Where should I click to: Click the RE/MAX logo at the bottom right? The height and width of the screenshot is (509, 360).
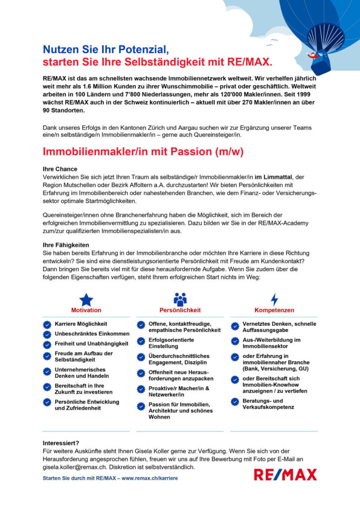[285, 475]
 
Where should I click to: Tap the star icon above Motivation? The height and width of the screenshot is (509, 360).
[87, 299]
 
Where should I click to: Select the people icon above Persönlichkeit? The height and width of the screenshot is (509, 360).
[180, 299]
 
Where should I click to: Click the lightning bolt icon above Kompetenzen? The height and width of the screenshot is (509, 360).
[274, 299]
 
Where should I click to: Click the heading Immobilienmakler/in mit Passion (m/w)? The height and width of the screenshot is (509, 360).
[143, 151]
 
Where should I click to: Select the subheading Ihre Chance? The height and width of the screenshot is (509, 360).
[60, 169]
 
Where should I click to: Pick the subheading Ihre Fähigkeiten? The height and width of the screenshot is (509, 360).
[66, 245]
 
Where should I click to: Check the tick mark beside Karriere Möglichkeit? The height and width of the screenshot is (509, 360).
[47, 324]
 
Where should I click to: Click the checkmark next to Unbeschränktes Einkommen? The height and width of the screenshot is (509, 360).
[47, 334]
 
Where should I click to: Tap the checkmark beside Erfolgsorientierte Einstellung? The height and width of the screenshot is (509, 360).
[141, 342]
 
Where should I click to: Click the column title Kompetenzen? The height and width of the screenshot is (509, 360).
[274, 310]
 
